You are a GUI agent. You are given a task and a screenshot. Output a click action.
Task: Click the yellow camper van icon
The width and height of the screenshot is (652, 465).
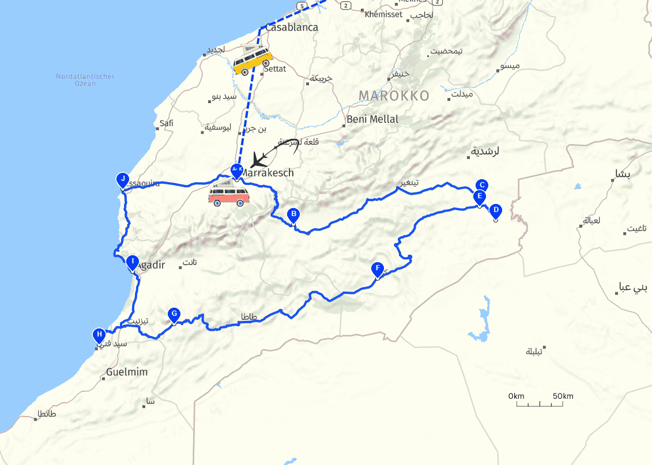coord(252,60)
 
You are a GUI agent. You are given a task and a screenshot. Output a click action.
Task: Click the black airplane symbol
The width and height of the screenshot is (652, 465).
coord(261,157)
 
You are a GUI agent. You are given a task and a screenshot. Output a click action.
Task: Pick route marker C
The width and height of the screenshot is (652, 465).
coord(482,186)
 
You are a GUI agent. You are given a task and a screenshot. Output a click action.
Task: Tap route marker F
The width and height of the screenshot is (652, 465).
coord(378,269)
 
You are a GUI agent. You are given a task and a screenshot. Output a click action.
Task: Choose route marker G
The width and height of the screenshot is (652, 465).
coord(174,315)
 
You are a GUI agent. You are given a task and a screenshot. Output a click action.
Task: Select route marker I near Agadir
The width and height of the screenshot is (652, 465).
coord(133,262)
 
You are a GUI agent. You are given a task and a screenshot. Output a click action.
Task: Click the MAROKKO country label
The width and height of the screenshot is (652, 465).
coord(394,96)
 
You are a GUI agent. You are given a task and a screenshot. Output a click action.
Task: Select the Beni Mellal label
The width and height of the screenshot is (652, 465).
coord(372,119)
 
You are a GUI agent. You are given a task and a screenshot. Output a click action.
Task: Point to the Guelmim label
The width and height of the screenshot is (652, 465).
coord(127,372)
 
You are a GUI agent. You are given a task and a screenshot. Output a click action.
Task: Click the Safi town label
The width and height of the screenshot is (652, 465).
coord(167,123)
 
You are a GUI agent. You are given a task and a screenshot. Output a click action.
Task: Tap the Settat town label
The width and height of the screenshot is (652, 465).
coord(274,69)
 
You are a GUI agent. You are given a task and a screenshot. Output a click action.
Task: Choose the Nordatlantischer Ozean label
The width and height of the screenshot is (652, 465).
coord(85,80)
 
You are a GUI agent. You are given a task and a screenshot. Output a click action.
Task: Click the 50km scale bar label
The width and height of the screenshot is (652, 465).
coord(563,396)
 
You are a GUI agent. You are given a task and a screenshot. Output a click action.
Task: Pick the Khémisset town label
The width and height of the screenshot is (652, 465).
coord(383,14)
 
